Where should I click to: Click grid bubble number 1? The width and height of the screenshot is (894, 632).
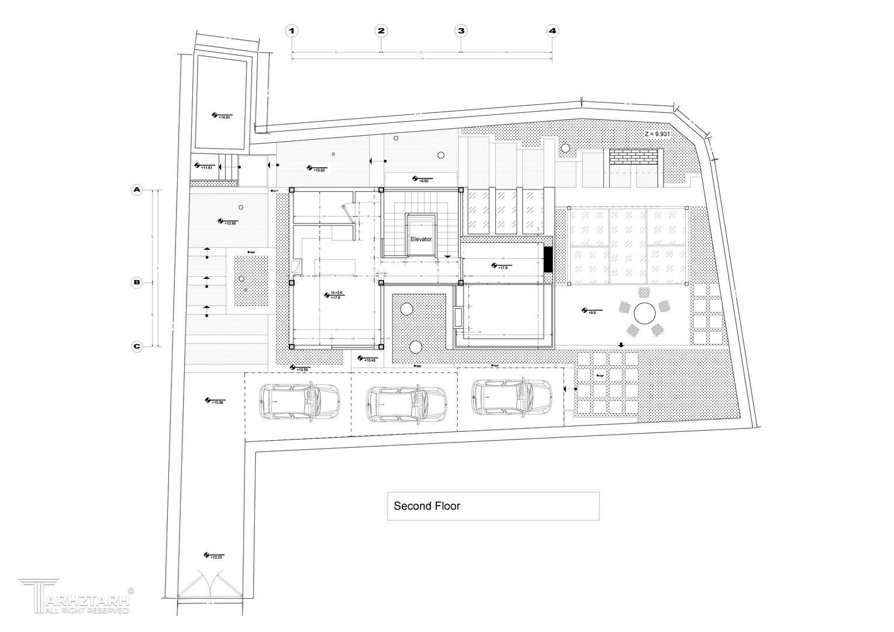tap(292, 31)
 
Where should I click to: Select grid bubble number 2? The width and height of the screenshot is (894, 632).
tap(381, 31)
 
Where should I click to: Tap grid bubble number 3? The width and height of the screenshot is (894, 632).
tap(461, 31)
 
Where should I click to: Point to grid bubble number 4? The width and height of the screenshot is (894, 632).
tap(553, 31)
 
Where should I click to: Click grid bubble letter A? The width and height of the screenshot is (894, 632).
tap(137, 190)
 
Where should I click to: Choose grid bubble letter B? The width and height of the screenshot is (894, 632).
tap(137, 283)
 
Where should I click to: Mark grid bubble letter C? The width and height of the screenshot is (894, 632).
tap(137, 346)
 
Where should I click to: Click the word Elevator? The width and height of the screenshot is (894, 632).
tap(421, 239)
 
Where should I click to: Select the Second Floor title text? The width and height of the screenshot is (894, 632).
tap(427, 506)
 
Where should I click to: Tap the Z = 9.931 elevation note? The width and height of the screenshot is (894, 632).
tap(657, 134)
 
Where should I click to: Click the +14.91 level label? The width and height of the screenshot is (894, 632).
tap(224, 118)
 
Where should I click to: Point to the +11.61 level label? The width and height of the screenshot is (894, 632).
tap(206, 168)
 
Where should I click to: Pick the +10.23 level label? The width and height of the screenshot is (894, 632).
tap(216, 557)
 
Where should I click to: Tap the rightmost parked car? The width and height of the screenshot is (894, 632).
tap(510, 397)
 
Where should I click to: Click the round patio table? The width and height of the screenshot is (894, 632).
tap(644, 313)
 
